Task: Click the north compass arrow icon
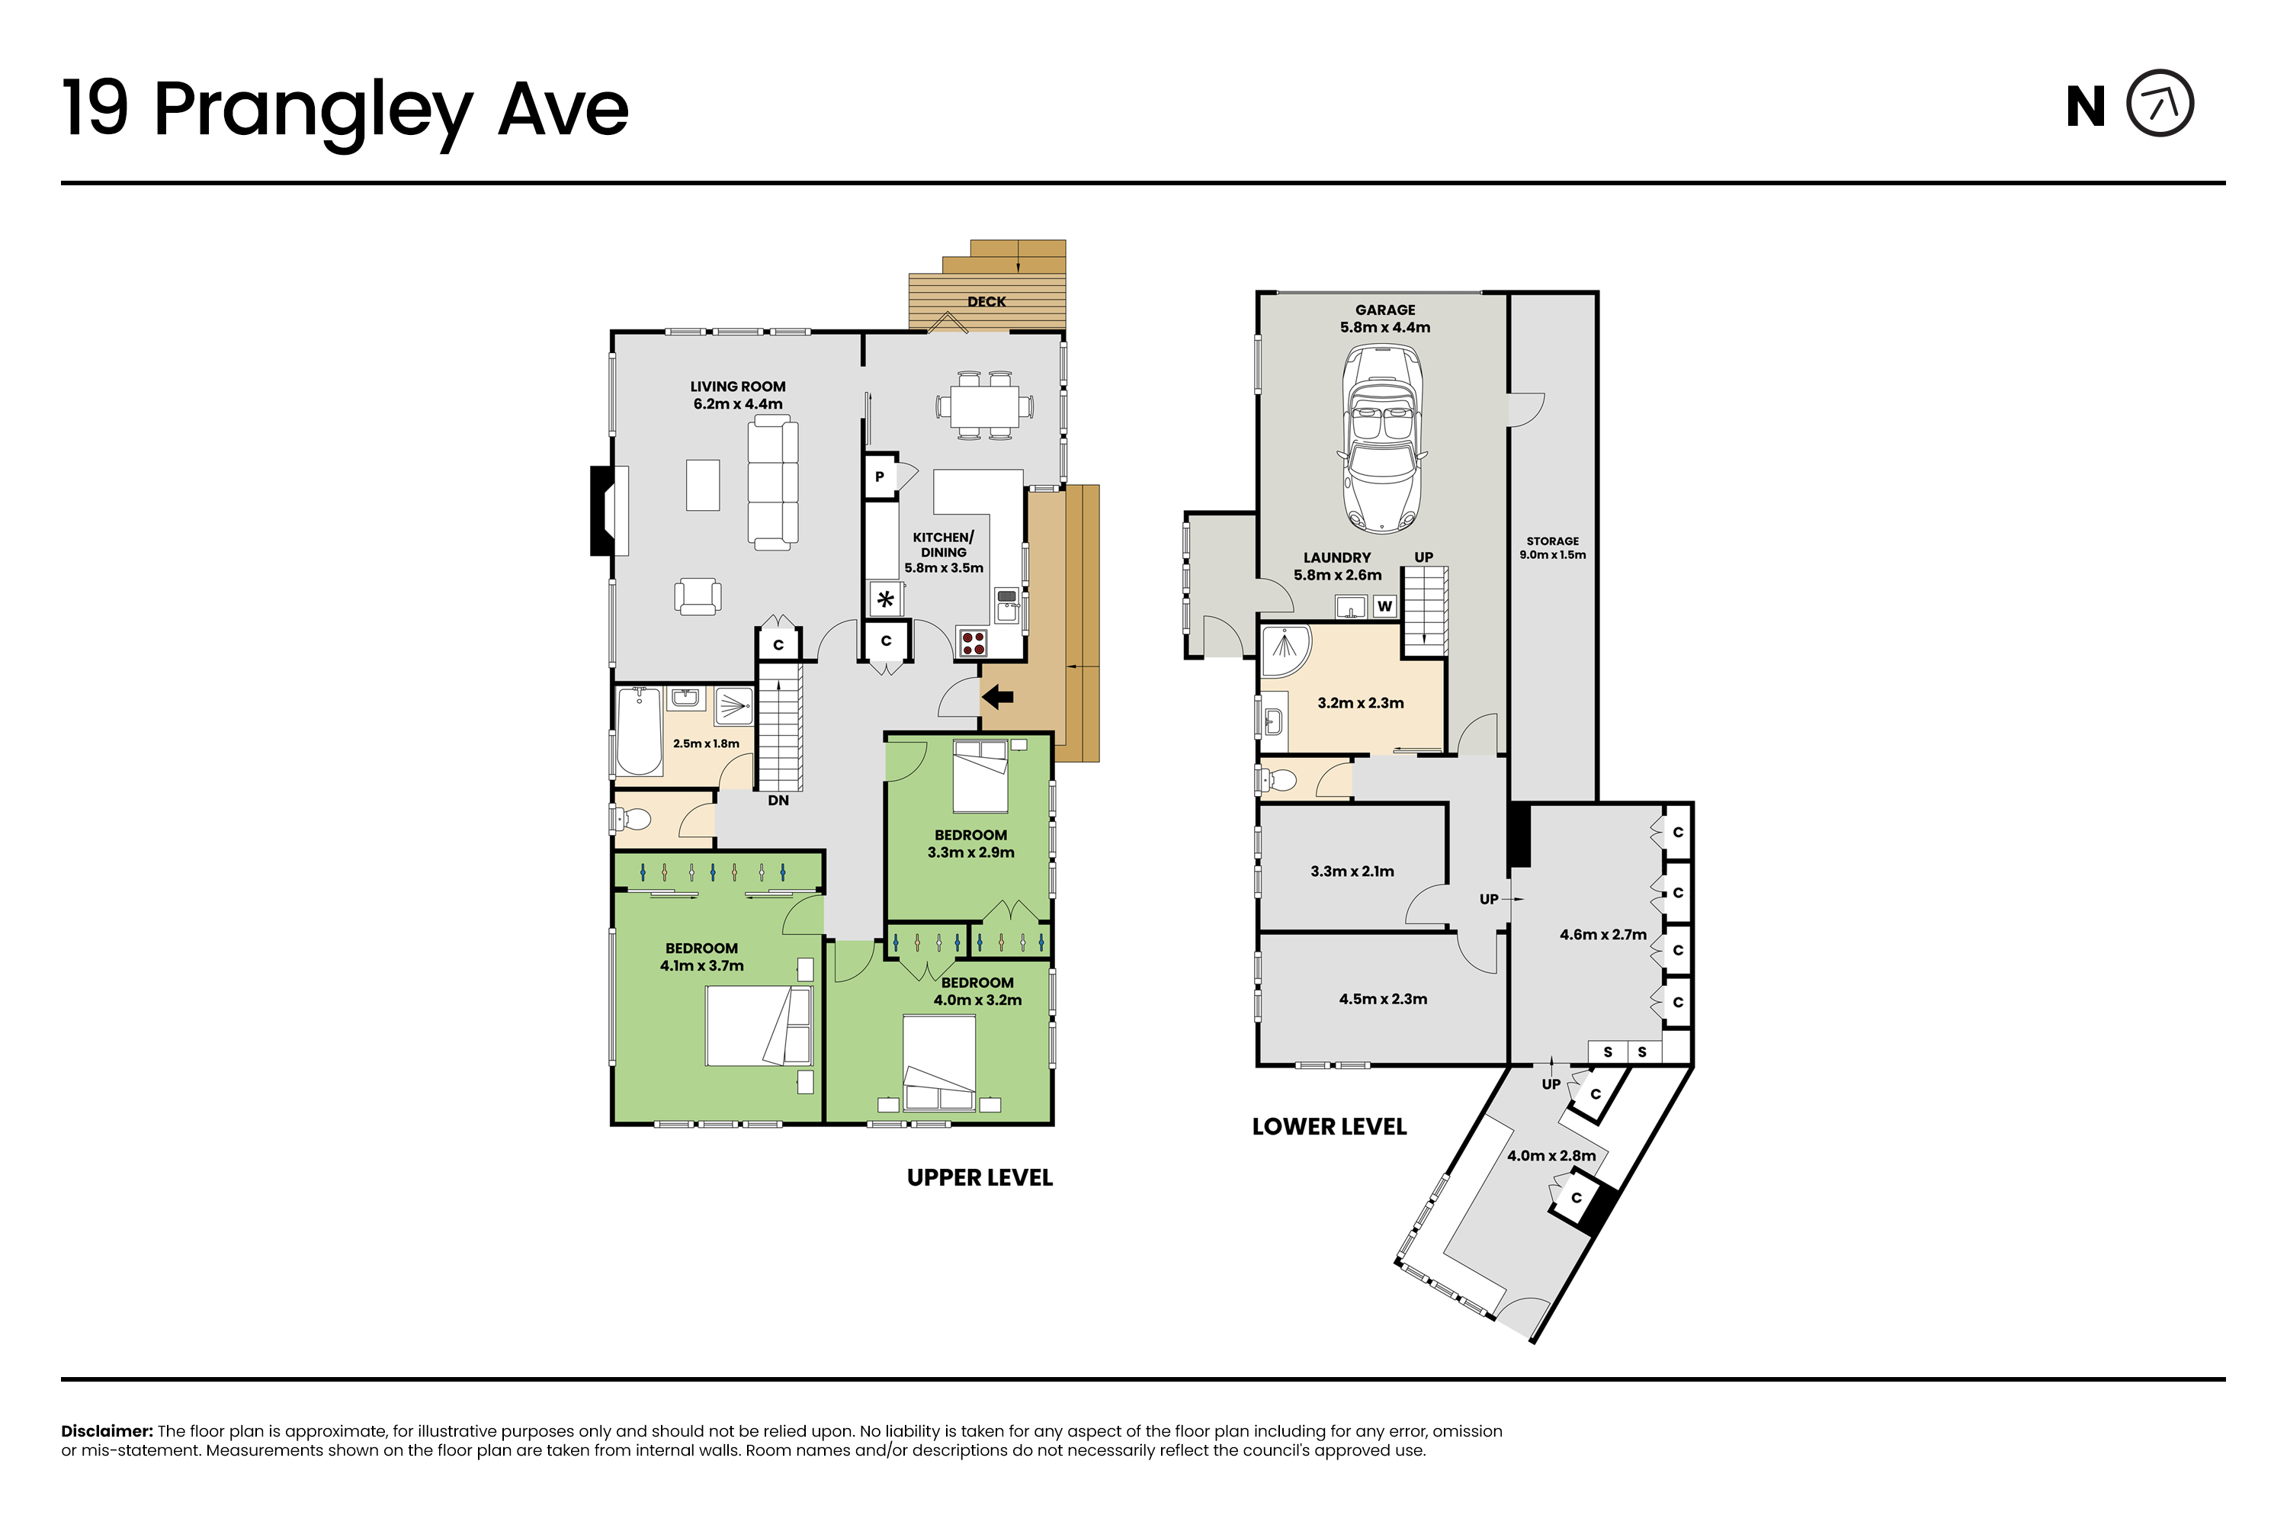pyautogui.click(x=2160, y=103)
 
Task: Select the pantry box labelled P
pyautogui.click(x=880, y=477)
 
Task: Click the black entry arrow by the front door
pyautogui.click(x=998, y=696)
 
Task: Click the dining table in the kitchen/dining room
pyautogui.click(x=985, y=406)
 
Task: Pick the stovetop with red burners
pyautogui.click(x=973, y=643)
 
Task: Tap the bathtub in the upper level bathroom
pyautogui.click(x=639, y=730)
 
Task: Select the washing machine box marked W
pyautogui.click(x=1384, y=606)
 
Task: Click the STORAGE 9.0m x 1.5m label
pyautogui.click(x=1552, y=547)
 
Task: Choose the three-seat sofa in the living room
pyautogui.click(x=773, y=483)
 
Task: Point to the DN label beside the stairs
pyautogui.click(x=778, y=801)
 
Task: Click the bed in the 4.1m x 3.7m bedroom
pyautogui.click(x=759, y=1026)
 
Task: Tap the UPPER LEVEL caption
pyautogui.click(x=979, y=1178)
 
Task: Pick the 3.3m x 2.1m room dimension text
pyautogui.click(x=1352, y=872)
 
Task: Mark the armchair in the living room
pyautogui.click(x=698, y=596)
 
